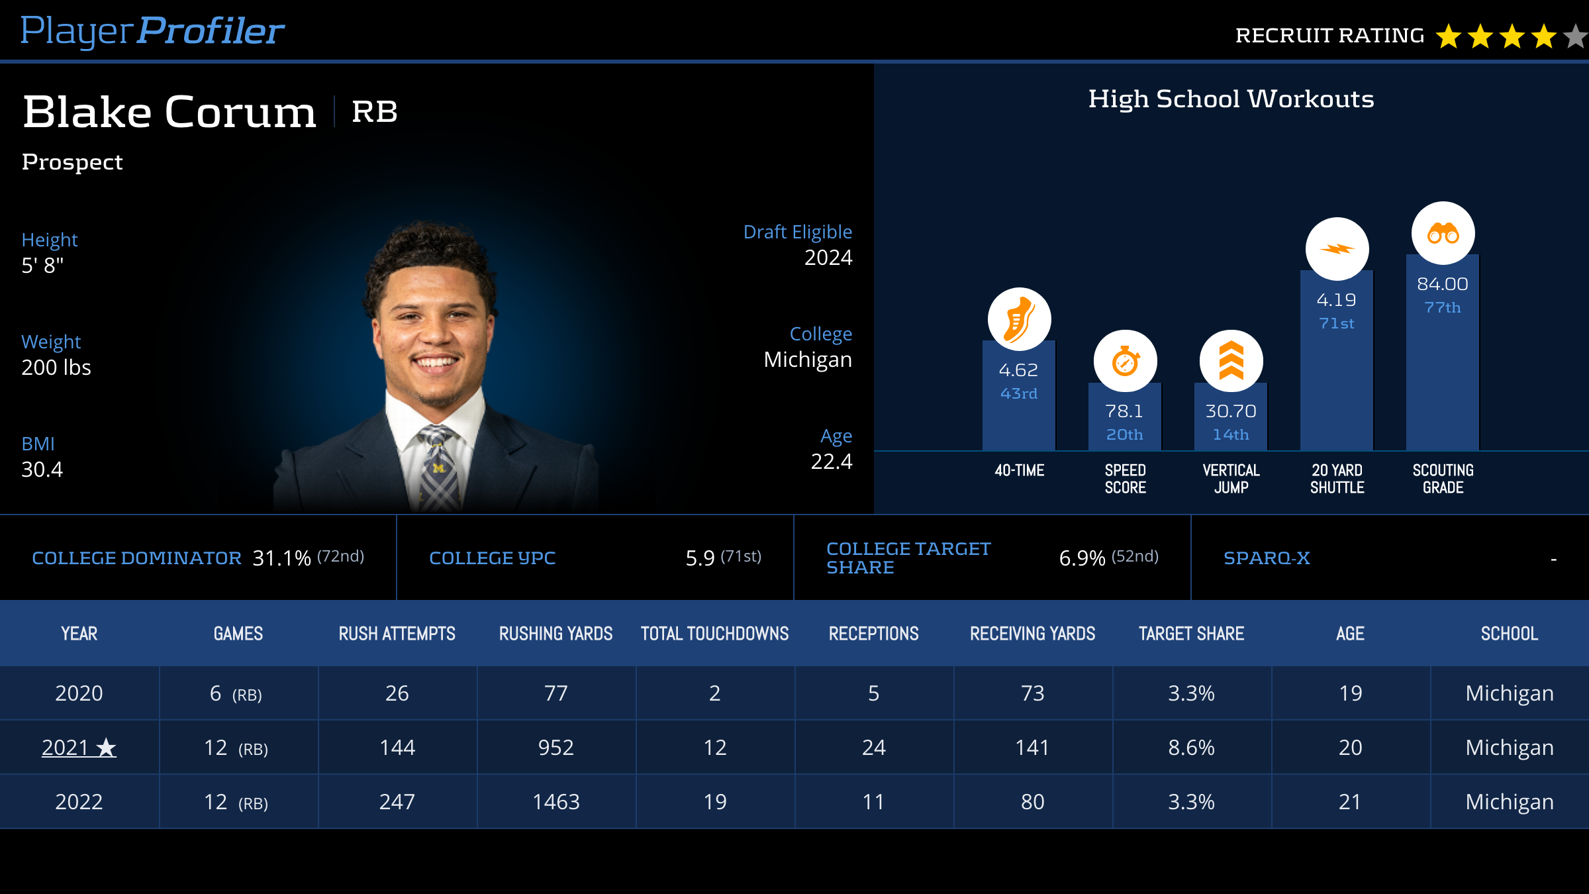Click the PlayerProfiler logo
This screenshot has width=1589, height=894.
152,31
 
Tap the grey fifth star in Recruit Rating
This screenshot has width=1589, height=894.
1576,36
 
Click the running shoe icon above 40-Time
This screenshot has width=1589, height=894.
1019,319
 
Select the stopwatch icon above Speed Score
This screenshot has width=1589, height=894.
1125,362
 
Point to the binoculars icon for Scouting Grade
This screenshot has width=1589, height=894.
1443,233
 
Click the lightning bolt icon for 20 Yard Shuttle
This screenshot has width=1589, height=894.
1337,249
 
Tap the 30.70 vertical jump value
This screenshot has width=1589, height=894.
1231,411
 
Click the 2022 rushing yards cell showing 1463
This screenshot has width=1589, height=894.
556,802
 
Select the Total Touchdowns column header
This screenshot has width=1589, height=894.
714,634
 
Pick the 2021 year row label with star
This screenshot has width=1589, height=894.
79,748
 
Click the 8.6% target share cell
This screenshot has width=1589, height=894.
1191,748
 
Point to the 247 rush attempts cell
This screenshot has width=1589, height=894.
397,802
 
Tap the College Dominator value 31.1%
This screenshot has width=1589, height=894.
281,558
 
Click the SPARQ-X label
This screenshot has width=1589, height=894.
1267,558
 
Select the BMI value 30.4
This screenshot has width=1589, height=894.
42,470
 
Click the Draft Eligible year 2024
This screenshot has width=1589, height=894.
828,258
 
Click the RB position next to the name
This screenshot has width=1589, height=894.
374,111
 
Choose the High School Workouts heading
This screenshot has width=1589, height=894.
1231,99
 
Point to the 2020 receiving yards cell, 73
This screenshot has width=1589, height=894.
1032,693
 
